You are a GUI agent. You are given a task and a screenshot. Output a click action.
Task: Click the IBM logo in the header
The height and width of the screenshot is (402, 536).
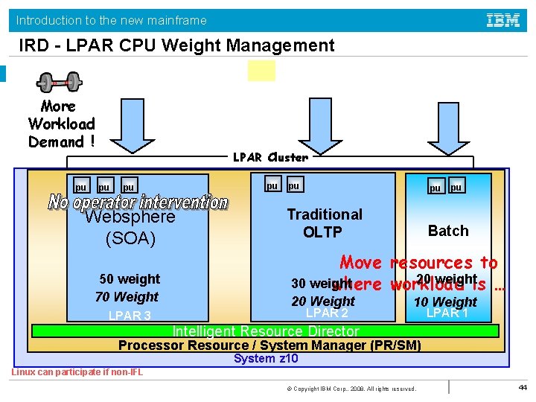pyautogui.click(x=503, y=20)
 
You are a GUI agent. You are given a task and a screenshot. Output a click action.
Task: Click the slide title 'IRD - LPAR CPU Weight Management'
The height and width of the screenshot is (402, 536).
pyautogui.click(x=177, y=46)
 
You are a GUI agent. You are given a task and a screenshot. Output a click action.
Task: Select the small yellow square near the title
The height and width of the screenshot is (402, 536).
pyautogui.click(x=261, y=71)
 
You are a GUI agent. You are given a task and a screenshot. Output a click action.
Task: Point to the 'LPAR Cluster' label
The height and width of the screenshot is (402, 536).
pyautogui.click(x=270, y=157)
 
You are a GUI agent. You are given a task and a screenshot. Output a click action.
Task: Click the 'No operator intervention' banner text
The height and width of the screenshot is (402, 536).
pyautogui.click(x=138, y=202)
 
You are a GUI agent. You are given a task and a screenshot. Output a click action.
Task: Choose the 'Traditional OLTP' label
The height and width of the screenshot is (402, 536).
pyautogui.click(x=325, y=223)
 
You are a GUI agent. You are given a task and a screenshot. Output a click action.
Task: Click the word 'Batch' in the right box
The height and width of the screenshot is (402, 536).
pyautogui.click(x=448, y=231)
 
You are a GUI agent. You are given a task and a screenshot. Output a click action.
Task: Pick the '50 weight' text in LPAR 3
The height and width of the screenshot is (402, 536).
pyautogui.click(x=130, y=279)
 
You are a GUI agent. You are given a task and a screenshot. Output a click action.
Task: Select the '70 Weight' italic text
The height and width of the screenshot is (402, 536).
pyautogui.click(x=127, y=297)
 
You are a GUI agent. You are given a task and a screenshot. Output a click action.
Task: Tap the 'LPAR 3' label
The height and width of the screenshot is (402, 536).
pyautogui.click(x=130, y=316)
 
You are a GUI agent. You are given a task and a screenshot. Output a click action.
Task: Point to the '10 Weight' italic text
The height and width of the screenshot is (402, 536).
pyautogui.click(x=445, y=301)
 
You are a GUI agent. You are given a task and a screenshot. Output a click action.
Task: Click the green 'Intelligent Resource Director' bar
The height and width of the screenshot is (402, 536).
pyautogui.click(x=266, y=331)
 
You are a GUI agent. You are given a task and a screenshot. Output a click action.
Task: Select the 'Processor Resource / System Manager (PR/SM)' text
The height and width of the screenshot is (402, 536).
pyautogui.click(x=269, y=345)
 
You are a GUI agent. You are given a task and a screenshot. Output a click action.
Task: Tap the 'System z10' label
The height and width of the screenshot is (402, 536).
pyautogui.click(x=266, y=359)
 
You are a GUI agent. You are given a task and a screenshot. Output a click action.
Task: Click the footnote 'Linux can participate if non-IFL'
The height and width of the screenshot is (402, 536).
pyautogui.click(x=77, y=372)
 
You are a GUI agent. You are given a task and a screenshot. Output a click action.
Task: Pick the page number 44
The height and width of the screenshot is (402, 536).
pyautogui.click(x=522, y=388)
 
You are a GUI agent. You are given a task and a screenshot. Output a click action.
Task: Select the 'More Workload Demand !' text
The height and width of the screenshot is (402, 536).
pyautogui.click(x=62, y=124)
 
